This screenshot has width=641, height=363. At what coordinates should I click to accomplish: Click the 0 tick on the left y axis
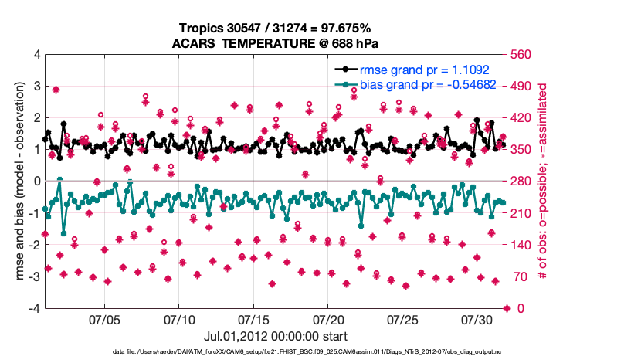click(36, 181)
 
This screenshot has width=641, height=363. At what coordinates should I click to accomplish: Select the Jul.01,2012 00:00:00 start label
click(276, 336)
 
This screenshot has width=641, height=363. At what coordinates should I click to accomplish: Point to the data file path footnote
click(276, 352)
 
